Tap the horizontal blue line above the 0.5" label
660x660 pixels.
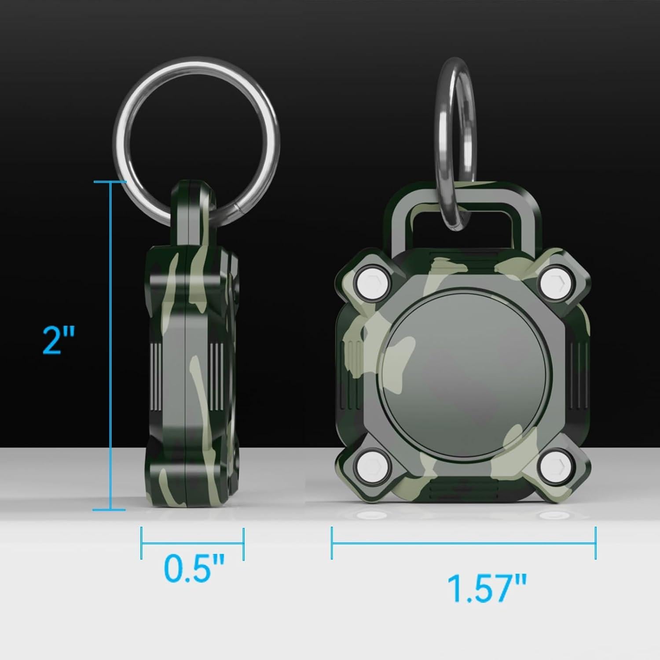[192, 543]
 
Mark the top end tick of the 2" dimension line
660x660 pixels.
[110, 181]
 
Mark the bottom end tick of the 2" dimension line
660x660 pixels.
[110, 510]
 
